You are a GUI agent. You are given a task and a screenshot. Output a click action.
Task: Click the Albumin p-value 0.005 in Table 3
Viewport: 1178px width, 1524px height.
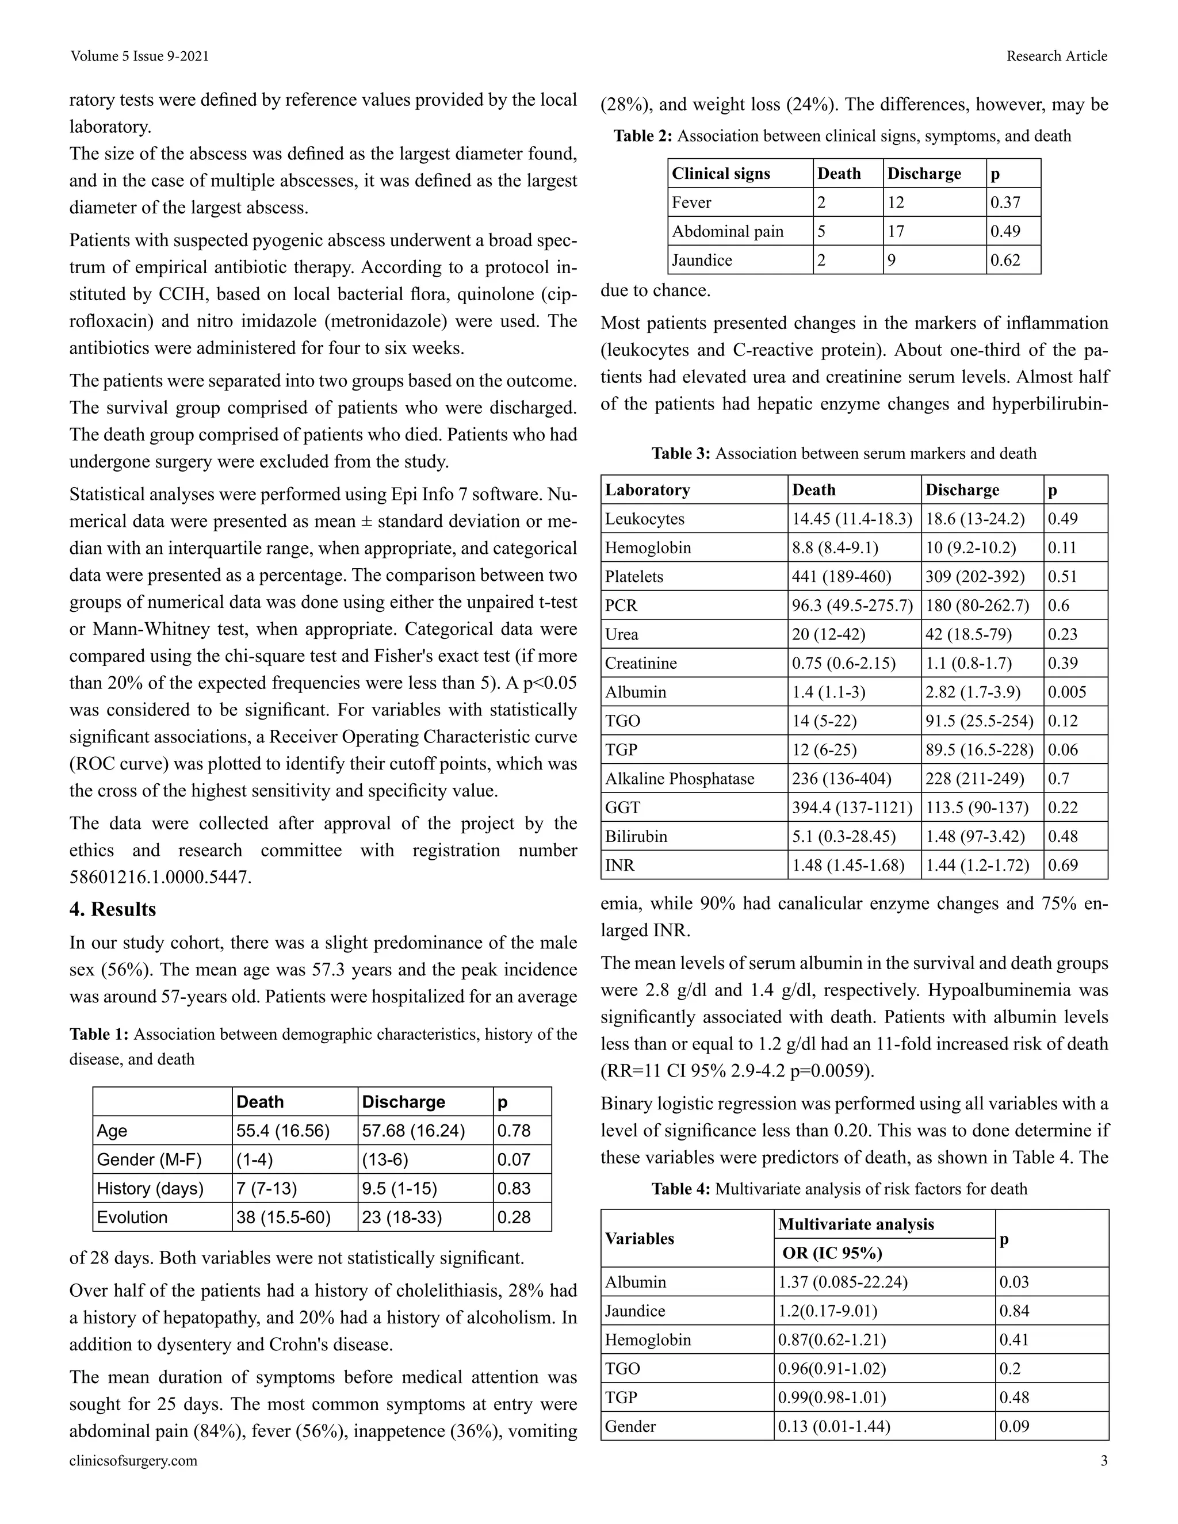1066,692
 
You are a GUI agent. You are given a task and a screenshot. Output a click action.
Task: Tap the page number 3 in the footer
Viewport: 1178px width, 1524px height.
1103,1461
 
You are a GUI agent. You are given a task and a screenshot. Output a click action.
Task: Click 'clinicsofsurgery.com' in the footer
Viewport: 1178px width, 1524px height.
133,1461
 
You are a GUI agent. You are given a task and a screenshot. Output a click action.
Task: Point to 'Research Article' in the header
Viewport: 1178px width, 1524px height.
1056,56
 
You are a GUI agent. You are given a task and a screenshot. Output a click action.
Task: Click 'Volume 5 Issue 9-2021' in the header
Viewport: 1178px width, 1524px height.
140,56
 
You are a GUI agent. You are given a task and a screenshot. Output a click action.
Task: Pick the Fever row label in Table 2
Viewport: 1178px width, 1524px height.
691,202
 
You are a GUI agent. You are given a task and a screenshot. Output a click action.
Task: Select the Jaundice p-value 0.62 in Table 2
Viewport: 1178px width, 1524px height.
1005,261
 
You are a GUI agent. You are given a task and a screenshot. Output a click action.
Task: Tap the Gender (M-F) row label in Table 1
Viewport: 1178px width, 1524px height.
148,1160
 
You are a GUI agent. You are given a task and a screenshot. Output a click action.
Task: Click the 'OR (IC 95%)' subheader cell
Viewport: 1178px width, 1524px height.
832,1253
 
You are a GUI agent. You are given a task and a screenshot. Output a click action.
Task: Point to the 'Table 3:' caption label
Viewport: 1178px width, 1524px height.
681,454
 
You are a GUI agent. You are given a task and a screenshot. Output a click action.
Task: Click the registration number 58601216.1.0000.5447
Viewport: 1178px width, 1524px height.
160,877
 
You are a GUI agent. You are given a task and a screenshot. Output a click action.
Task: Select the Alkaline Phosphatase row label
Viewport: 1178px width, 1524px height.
679,779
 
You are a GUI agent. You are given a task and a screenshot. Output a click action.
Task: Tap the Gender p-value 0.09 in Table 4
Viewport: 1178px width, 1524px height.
1014,1426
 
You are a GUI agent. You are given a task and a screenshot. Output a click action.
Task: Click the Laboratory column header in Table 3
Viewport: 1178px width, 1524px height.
647,490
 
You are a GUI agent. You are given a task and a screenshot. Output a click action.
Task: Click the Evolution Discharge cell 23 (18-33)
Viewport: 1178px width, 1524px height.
402,1217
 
